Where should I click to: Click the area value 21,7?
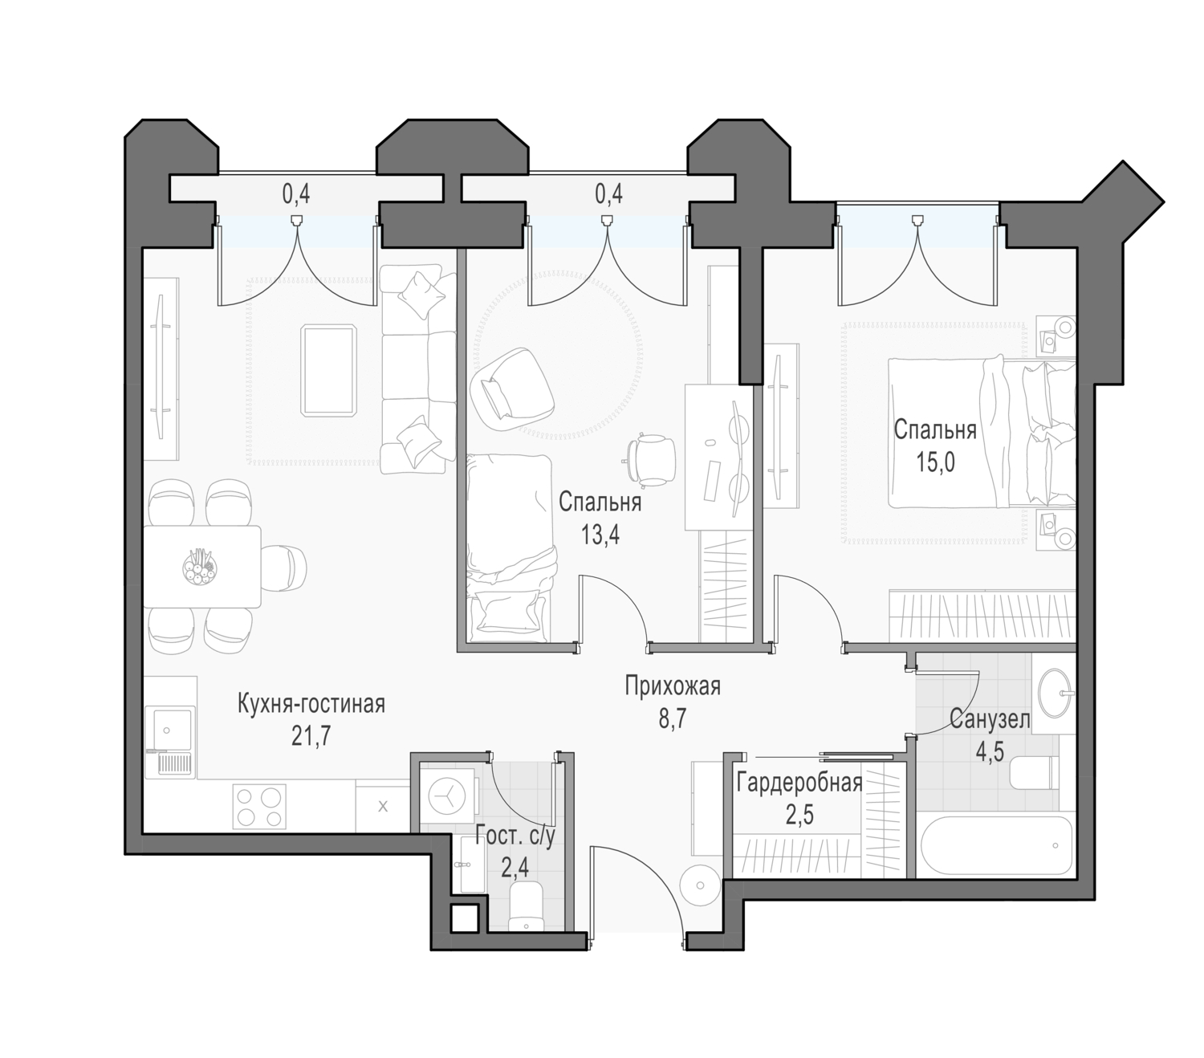[x=311, y=736]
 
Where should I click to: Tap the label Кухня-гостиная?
[x=311, y=704]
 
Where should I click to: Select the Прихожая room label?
[x=672, y=686]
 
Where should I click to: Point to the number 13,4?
[x=600, y=535]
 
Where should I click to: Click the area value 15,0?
[x=935, y=462]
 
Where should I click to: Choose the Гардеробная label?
[x=799, y=783]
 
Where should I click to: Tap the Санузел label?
[x=990, y=720]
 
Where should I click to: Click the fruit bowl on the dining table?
[x=200, y=567]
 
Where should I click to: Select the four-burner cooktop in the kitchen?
[x=259, y=806]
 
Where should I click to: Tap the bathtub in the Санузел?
[x=994, y=846]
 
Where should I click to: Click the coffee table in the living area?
[x=328, y=369]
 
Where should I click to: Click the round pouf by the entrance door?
[x=701, y=885]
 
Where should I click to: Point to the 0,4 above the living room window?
[x=296, y=193]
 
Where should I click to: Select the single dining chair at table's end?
[x=284, y=567]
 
